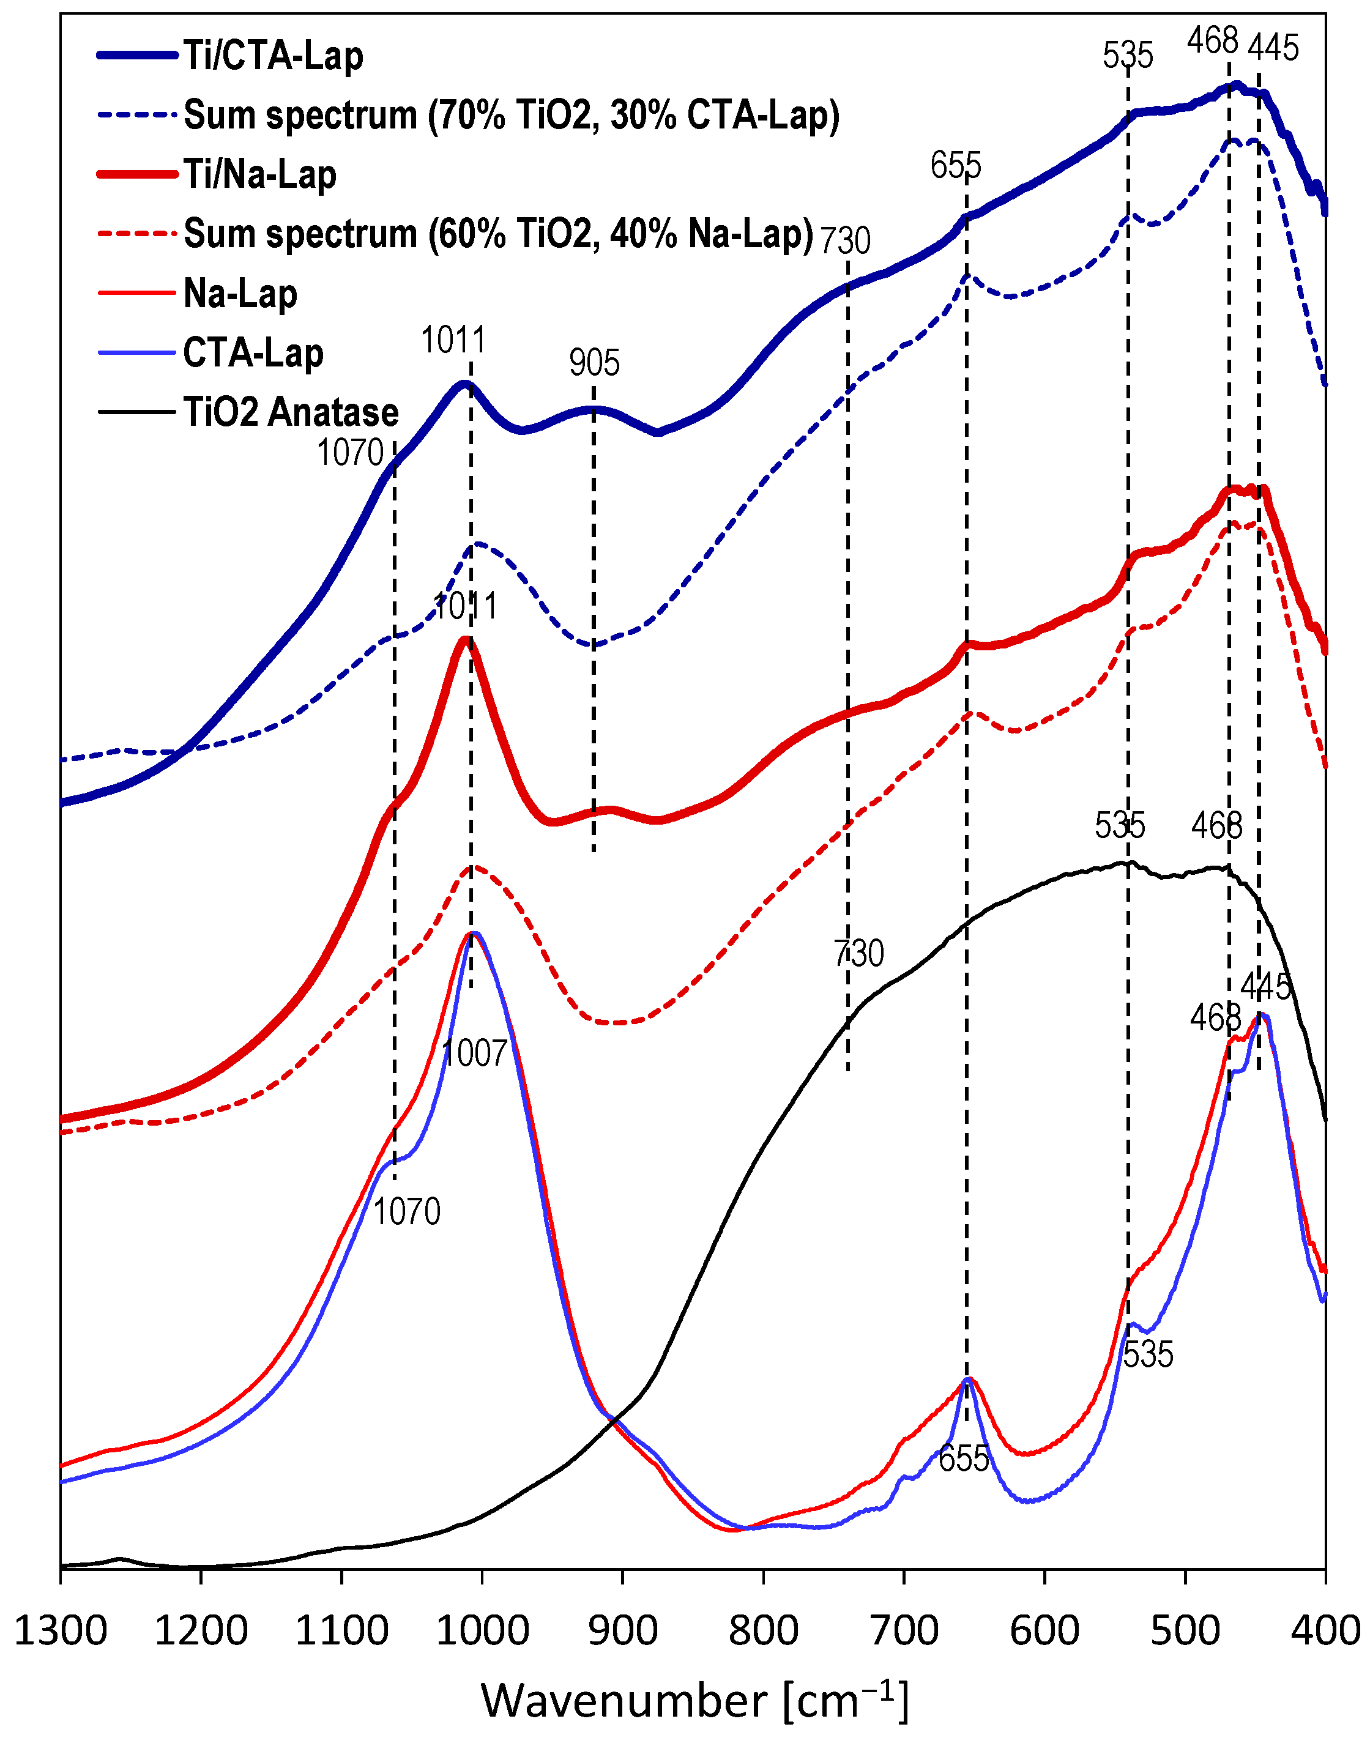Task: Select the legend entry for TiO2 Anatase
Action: click(291, 412)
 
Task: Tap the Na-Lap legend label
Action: click(240, 294)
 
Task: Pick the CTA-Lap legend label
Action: click(253, 353)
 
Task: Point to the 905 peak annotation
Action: click(594, 363)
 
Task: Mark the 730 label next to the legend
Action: click(844, 240)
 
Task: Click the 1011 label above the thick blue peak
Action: click(453, 341)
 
